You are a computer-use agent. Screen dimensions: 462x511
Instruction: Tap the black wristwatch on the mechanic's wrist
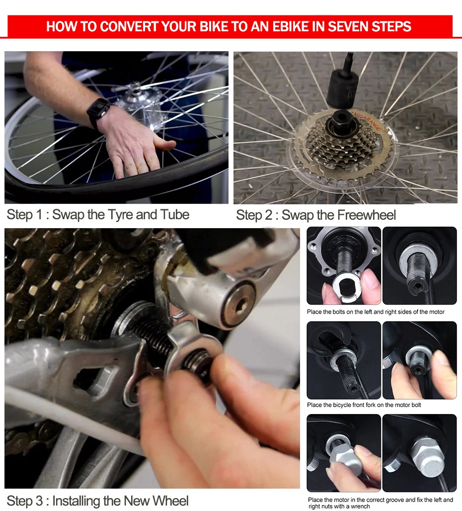pos(98,111)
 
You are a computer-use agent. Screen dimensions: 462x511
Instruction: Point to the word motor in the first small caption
pos(436,312)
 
